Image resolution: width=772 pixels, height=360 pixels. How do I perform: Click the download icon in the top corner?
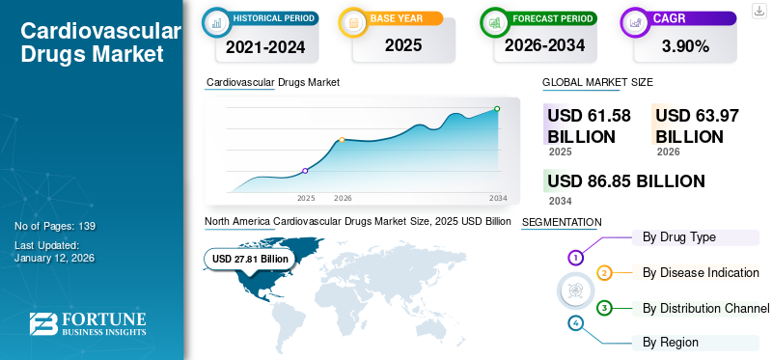(758, 9)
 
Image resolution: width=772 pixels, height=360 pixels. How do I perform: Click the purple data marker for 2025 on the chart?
(306, 171)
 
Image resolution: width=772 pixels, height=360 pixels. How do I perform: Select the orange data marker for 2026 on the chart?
(342, 140)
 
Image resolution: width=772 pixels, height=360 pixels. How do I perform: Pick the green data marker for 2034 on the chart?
(497, 109)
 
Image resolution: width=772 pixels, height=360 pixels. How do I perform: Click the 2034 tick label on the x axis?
(498, 198)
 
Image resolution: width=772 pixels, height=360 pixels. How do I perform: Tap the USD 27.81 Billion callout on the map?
(250, 259)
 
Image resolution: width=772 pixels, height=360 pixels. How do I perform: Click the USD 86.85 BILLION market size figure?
(625, 180)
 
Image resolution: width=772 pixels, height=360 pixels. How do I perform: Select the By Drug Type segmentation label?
(679, 237)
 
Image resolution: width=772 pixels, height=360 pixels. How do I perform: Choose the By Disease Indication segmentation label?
(701, 272)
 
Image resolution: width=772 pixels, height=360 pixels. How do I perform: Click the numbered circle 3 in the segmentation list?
(604, 308)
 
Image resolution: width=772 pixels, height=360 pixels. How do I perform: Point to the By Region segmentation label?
(671, 342)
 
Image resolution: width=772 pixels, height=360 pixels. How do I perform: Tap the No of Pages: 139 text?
(55, 226)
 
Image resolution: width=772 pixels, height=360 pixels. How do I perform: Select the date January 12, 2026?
(56, 258)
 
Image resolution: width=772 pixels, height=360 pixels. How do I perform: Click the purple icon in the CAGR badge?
(636, 22)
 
